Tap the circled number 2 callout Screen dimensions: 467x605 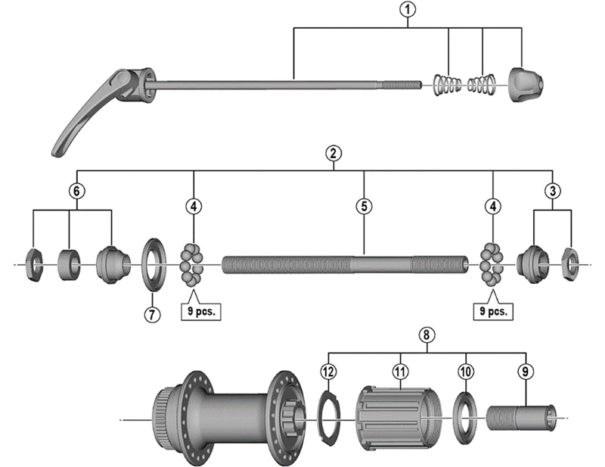click(333, 153)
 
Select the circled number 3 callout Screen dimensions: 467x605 click(553, 190)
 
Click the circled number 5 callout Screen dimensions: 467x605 click(364, 206)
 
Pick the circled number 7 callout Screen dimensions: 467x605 click(152, 315)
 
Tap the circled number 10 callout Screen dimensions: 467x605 click(466, 371)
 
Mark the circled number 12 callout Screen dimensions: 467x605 click(327, 371)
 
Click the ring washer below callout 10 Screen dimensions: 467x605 click(464, 415)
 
